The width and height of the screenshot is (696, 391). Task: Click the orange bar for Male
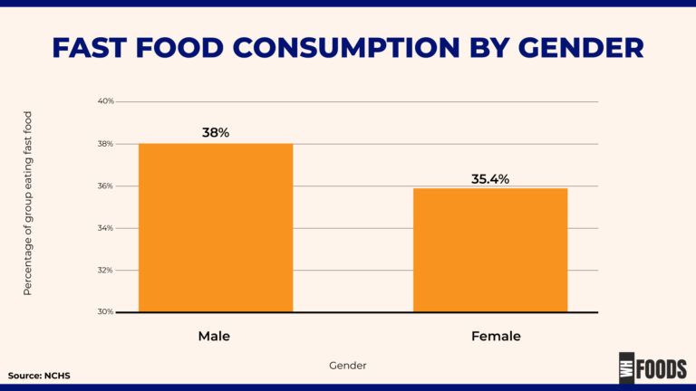216,227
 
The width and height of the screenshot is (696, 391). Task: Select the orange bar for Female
490,250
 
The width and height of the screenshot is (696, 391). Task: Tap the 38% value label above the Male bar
216,132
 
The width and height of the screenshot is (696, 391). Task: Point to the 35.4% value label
490,178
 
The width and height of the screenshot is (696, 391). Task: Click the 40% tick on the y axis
106,101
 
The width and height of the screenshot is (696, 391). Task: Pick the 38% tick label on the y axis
106,144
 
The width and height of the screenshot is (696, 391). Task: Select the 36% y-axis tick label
106,186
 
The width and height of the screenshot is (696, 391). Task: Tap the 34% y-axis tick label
106,228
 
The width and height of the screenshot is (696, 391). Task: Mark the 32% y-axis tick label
106,270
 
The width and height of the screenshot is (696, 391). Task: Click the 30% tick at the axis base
106,312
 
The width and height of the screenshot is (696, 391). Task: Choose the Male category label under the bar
214,336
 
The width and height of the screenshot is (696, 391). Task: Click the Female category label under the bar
496,336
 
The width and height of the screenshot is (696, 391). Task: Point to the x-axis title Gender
348,366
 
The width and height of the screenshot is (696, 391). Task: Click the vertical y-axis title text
27,204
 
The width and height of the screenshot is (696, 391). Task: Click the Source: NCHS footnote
39,375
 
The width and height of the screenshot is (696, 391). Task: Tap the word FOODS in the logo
662,368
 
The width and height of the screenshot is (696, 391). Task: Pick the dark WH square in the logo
626,368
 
